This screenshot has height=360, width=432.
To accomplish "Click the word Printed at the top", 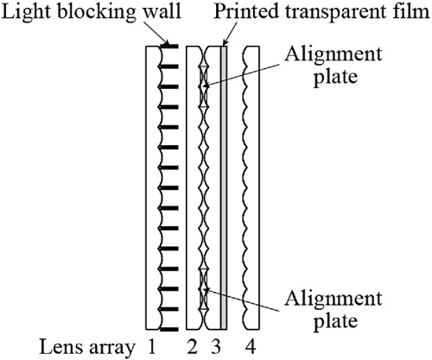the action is point(246,11).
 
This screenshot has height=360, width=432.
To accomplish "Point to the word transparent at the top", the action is point(338,13).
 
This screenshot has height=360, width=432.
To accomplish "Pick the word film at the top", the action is point(414,11).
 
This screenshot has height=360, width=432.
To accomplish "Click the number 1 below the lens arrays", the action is point(152,346).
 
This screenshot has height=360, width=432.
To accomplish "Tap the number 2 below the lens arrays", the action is point(192,346).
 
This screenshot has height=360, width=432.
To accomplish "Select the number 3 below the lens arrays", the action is point(216,347).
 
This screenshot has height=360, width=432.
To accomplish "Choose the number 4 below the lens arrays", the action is point(251,346).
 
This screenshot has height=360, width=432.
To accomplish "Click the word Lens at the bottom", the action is point(61,347).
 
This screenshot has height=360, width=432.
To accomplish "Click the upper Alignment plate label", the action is point(334,65).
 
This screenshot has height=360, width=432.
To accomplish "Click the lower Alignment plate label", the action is point(334,310).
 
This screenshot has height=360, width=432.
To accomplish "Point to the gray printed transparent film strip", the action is point(224,187).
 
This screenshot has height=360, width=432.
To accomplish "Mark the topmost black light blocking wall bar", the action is point(169,46).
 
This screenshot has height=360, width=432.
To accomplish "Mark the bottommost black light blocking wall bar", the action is point(169,330).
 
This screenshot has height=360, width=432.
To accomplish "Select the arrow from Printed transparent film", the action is point(230,34).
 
